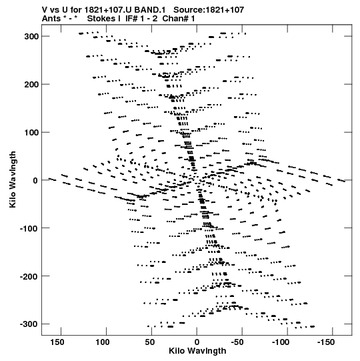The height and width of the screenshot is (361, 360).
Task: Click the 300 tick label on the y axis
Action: pyautogui.click(x=31, y=37)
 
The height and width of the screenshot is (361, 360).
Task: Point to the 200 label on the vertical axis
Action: pyautogui.click(x=31, y=85)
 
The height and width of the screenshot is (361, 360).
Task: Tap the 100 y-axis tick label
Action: pyautogui.click(x=31, y=133)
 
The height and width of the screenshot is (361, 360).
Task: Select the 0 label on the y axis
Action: pyautogui.click(x=35, y=180)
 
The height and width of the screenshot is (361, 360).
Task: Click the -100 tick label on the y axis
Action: pyautogui.click(x=29, y=228)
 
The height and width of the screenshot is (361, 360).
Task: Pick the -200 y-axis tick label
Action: pyautogui.click(x=29, y=276)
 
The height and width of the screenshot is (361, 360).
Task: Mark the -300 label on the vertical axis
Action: pyautogui.click(x=29, y=324)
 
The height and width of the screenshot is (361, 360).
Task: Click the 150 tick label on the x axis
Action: pyautogui.click(x=57, y=342)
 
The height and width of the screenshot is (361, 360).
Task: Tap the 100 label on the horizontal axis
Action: pyautogui.click(x=103, y=342)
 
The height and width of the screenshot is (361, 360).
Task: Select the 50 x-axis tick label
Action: pyautogui.click(x=150, y=342)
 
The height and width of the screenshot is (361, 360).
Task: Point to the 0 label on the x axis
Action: pyautogui.click(x=197, y=342)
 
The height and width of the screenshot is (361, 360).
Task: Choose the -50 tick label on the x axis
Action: pyautogui.click(x=237, y=342)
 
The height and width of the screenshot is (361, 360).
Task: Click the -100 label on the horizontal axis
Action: pyautogui.click(x=281, y=342)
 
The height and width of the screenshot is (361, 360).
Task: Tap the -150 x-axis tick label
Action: pyautogui.click(x=326, y=342)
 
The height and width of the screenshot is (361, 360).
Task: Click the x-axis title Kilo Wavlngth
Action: pyautogui.click(x=197, y=351)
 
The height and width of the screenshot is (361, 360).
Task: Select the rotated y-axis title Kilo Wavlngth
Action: pyautogui.click(x=13, y=179)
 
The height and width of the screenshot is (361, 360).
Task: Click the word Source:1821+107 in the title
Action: pyautogui.click(x=209, y=10)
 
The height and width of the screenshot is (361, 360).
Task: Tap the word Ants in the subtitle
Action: pyautogui.click(x=51, y=19)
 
